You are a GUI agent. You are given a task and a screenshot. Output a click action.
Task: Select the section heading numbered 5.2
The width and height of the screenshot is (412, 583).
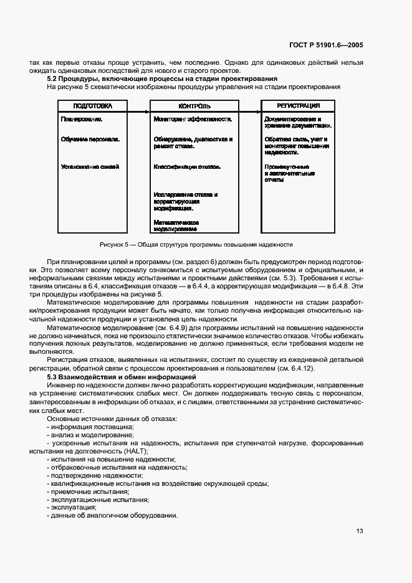tap(163, 78)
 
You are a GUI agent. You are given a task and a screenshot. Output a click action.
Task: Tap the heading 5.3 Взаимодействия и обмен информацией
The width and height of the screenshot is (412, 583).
tap(123, 377)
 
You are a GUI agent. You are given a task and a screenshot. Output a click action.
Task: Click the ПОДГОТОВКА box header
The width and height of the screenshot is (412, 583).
tap(92, 105)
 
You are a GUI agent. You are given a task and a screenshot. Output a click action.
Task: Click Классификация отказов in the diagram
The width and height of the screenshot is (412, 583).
tap(186, 167)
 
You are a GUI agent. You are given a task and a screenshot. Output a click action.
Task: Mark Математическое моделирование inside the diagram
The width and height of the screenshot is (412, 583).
tap(176, 225)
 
